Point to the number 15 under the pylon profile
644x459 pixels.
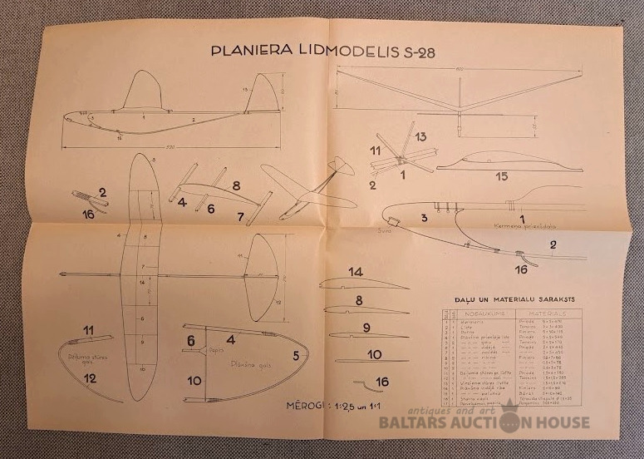coord(501,176)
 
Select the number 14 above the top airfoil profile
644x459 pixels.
coord(356,272)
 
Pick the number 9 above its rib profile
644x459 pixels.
coord(366,328)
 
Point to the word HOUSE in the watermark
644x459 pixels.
coord(563,422)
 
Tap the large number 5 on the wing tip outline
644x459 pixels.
coord(297,355)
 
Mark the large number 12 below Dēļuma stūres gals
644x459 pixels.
coord(90,378)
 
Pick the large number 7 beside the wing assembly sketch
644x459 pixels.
coord(241,218)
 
